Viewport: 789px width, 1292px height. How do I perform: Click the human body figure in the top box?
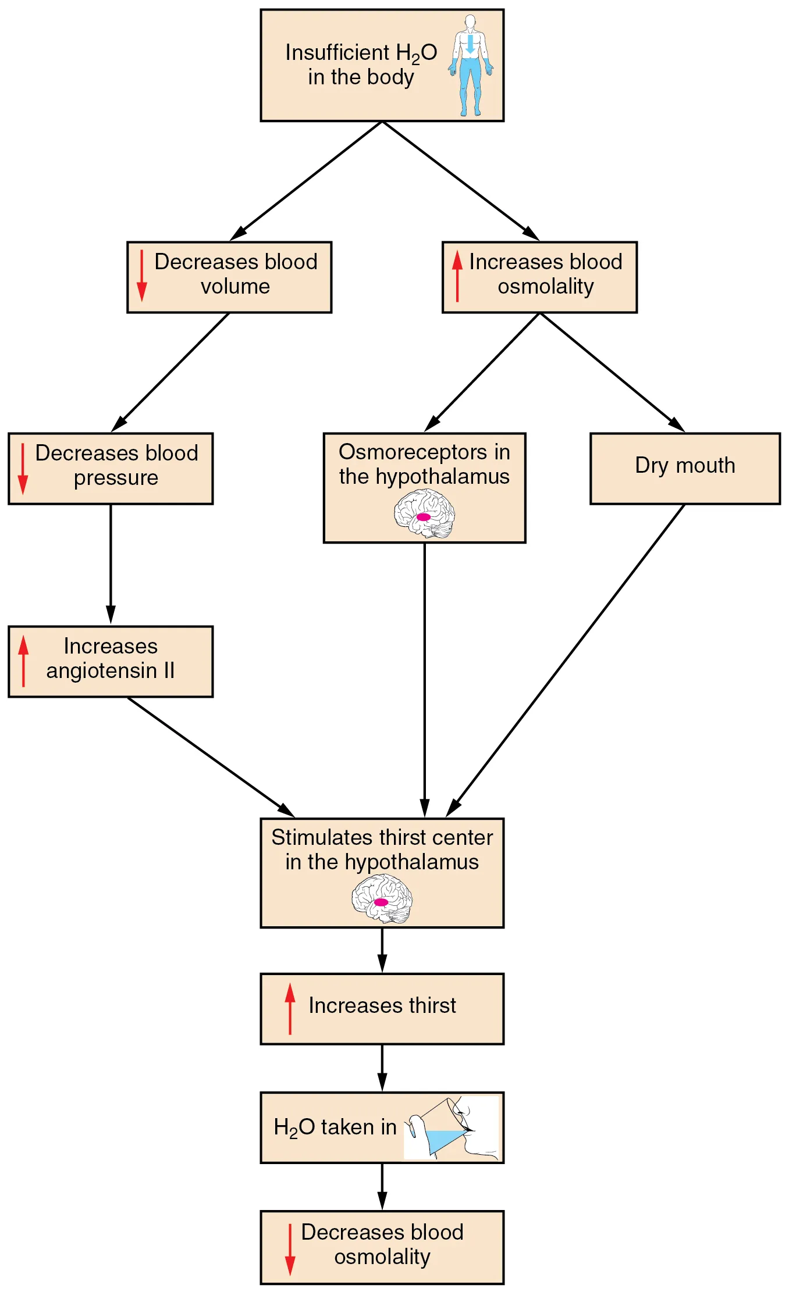470,76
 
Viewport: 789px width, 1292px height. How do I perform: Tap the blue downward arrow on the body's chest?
470,44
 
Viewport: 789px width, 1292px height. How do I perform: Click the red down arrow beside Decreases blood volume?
141,276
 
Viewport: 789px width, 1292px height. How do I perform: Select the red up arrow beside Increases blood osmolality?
457,276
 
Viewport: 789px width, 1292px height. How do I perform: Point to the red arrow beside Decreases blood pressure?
23,469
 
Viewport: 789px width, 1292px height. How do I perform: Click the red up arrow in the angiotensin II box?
23,661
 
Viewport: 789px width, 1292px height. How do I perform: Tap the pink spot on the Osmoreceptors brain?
424,517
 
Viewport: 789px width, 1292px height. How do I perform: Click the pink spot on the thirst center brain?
381,902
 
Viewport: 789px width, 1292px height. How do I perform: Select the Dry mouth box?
685,468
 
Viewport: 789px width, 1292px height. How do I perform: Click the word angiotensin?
101,671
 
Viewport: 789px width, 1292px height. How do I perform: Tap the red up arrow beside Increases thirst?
290,1009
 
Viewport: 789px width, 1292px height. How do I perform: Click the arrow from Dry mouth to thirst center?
567,660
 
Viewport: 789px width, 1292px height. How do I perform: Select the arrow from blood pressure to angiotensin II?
111,564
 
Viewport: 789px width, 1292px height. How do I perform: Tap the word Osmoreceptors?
413,452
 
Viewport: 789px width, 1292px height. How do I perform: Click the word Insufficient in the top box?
337,52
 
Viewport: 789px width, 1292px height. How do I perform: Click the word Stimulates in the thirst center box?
317,837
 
